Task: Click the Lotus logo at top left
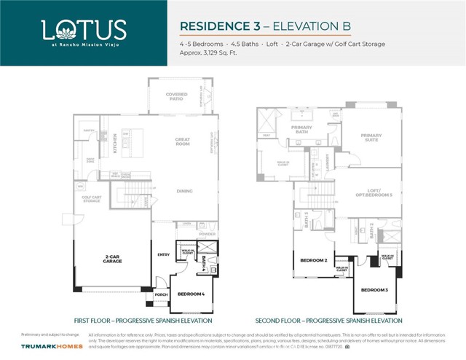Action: tap(84, 32)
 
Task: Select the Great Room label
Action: tap(182, 141)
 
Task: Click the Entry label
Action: tap(163, 254)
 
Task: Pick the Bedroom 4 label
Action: tap(191, 294)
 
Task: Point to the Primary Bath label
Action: tap(301, 130)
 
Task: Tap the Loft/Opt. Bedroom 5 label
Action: tap(379, 194)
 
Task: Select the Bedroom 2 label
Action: tap(315, 260)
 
